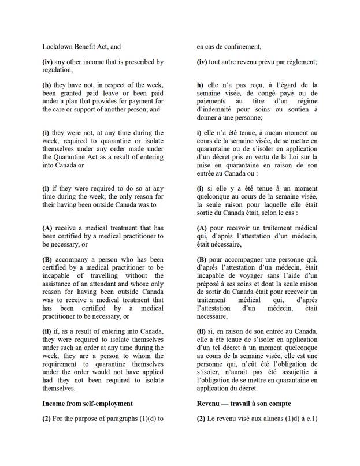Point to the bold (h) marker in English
(x=47, y=85)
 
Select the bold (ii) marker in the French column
(x=202, y=330)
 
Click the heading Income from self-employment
(x=87, y=403)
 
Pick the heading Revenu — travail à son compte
(x=243, y=403)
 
